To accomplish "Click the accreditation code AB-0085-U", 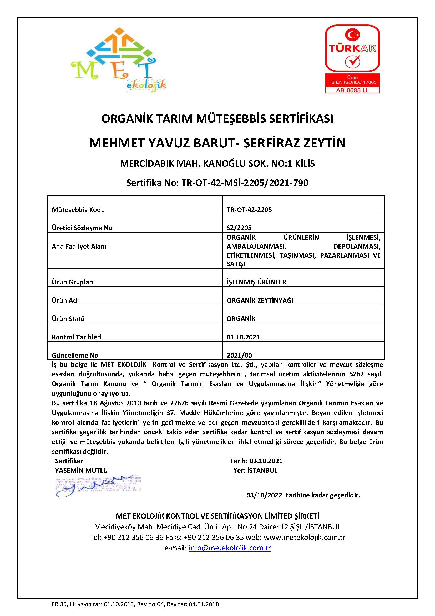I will click(352, 90).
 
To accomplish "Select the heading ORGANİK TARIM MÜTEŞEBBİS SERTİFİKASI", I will click(217, 119).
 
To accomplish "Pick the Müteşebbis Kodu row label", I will click(78, 210).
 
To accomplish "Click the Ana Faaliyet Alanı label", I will click(79, 246).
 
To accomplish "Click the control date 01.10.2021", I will click(243, 337).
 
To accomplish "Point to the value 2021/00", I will click(239, 355).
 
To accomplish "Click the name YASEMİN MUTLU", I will click(81, 470).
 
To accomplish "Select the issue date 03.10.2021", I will click(266, 461).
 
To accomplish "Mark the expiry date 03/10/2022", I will click(264, 495).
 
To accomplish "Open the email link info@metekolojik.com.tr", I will click(230, 548).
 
